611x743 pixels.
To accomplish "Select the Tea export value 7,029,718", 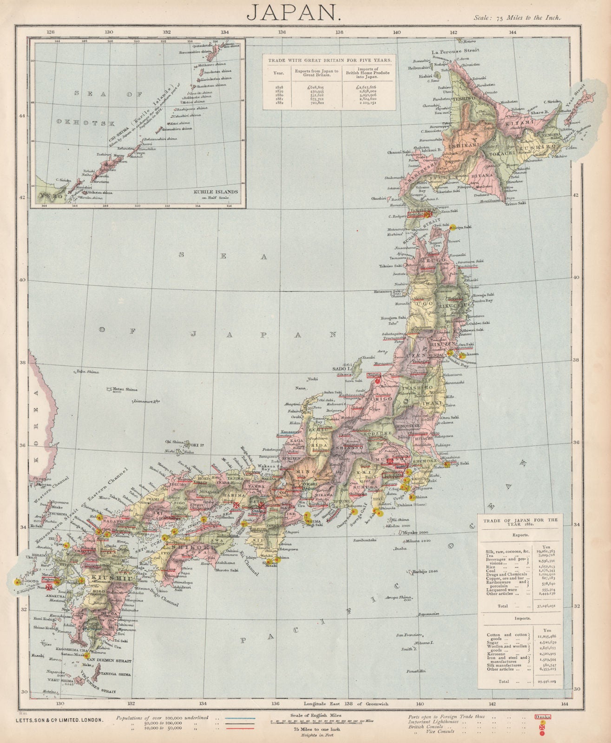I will coord(548,555).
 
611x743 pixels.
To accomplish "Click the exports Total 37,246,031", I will coord(548,606).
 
